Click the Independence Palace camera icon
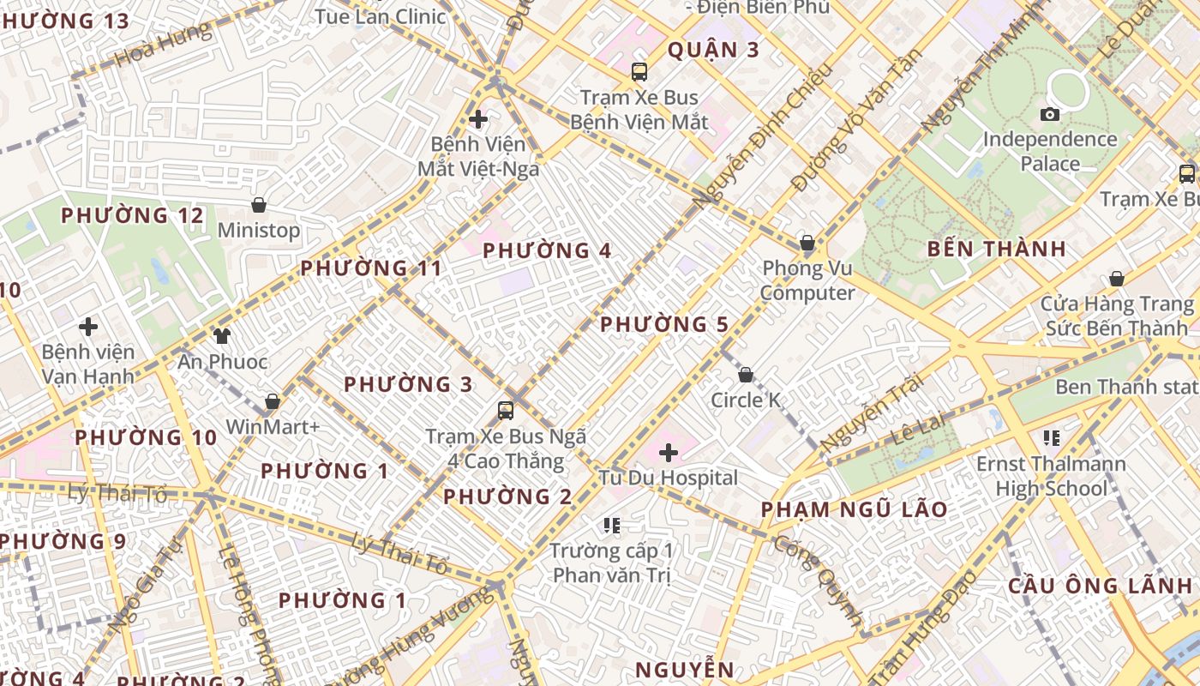tap(1049, 114)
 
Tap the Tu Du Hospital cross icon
tap(669, 452)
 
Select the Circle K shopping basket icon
tap(746, 375)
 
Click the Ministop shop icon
tap(259, 205)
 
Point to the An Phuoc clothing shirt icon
tap(222, 335)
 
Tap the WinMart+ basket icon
tap(273, 401)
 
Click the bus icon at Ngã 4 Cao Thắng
tap(506, 410)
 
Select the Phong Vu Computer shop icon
tap(807, 243)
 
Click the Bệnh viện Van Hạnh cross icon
tap(87, 327)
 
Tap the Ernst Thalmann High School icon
tap(1052, 438)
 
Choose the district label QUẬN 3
tap(713, 50)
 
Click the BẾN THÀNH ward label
tap(997, 250)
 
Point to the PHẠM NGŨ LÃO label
tap(854, 509)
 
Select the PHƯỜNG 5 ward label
tap(663, 325)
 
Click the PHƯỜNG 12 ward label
tap(132, 215)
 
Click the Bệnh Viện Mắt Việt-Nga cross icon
tap(478, 119)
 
